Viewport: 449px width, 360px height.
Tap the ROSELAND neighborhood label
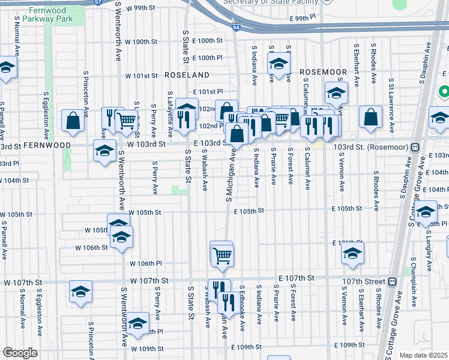click(188, 76)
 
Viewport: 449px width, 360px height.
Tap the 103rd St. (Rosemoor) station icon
click(415, 147)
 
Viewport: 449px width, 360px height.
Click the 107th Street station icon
click(393, 281)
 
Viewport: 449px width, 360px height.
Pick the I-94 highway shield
click(237, 27)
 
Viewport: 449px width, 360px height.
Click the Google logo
click(20, 353)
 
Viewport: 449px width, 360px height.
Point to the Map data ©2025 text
click(423, 355)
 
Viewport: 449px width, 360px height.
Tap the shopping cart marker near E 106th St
click(222, 255)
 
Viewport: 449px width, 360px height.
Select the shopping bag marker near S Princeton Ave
click(73, 120)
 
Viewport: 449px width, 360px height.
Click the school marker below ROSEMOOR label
click(336, 92)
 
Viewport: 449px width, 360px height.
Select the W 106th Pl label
click(146, 263)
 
